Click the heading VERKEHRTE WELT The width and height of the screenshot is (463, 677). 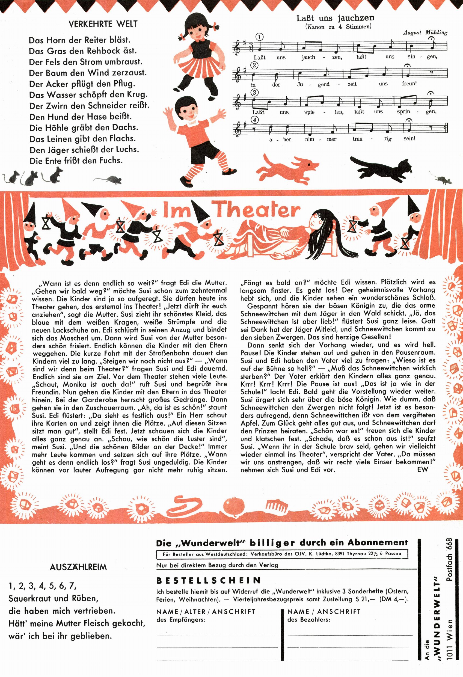click(103, 24)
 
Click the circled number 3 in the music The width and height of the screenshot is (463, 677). click(255, 93)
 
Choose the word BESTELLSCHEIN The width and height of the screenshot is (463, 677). click(209, 581)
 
